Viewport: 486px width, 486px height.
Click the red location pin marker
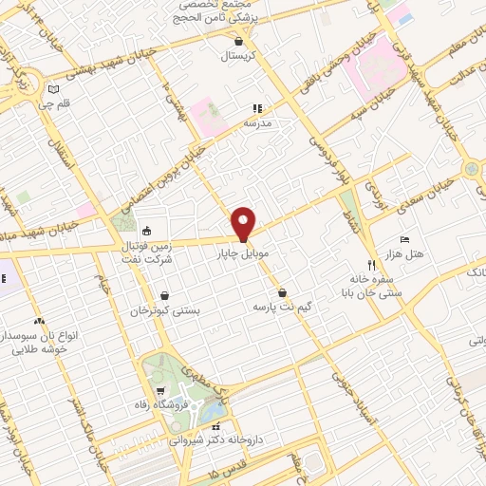pyautogui.click(x=244, y=224)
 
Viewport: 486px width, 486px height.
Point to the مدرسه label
pyautogui.click(x=257, y=124)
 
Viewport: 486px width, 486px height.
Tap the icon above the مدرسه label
pyautogui.click(x=256, y=109)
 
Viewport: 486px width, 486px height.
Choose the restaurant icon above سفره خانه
pyautogui.click(x=372, y=265)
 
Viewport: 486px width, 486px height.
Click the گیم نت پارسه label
pyautogui.click(x=280, y=308)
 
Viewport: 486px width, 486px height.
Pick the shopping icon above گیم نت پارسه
pyautogui.click(x=282, y=293)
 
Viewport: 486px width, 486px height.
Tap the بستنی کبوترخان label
pyautogui.click(x=165, y=311)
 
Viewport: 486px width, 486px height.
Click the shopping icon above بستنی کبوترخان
pyautogui.click(x=165, y=296)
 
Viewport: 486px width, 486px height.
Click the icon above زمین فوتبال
pyautogui.click(x=146, y=230)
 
